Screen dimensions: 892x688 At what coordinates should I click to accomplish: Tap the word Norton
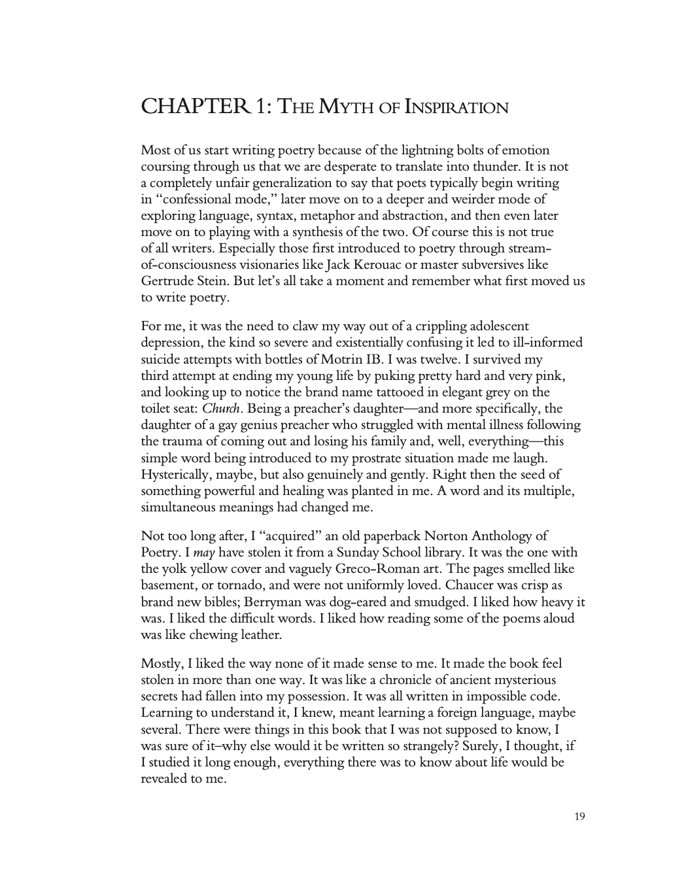(435, 536)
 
